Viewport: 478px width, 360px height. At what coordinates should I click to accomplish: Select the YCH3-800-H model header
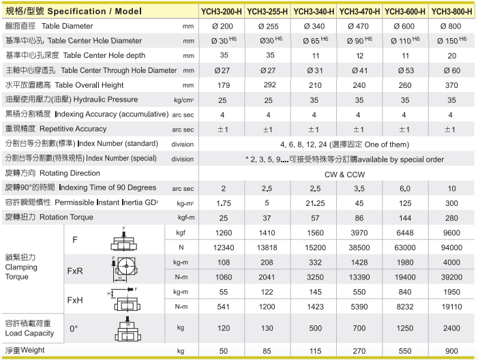coord(451,11)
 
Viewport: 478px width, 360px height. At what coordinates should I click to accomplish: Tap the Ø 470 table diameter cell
coord(359,26)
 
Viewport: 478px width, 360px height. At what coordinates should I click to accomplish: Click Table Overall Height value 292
coord(269,85)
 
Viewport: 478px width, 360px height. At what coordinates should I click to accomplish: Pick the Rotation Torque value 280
coord(450,217)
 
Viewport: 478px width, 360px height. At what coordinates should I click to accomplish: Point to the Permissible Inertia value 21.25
coord(314,202)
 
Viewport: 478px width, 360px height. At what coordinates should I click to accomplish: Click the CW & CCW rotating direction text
coord(336,173)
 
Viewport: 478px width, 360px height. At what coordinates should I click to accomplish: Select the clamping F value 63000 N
coord(404,246)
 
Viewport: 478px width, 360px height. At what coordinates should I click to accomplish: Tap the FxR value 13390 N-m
coord(359,276)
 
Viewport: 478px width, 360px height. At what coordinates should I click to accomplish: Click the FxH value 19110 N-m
coord(450,307)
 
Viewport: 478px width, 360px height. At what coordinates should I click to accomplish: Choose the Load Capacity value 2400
coord(450,328)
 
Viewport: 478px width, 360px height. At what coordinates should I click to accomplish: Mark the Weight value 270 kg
coord(359,350)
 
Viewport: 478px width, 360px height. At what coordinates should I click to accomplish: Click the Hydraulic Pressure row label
coord(72,100)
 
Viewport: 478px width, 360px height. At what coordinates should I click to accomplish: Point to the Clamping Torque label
coord(20,271)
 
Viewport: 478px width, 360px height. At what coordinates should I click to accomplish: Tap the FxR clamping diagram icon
coord(124,269)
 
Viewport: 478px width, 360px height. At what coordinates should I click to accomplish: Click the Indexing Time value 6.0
coord(404,187)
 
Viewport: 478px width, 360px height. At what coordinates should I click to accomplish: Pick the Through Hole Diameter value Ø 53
coord(404,70)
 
